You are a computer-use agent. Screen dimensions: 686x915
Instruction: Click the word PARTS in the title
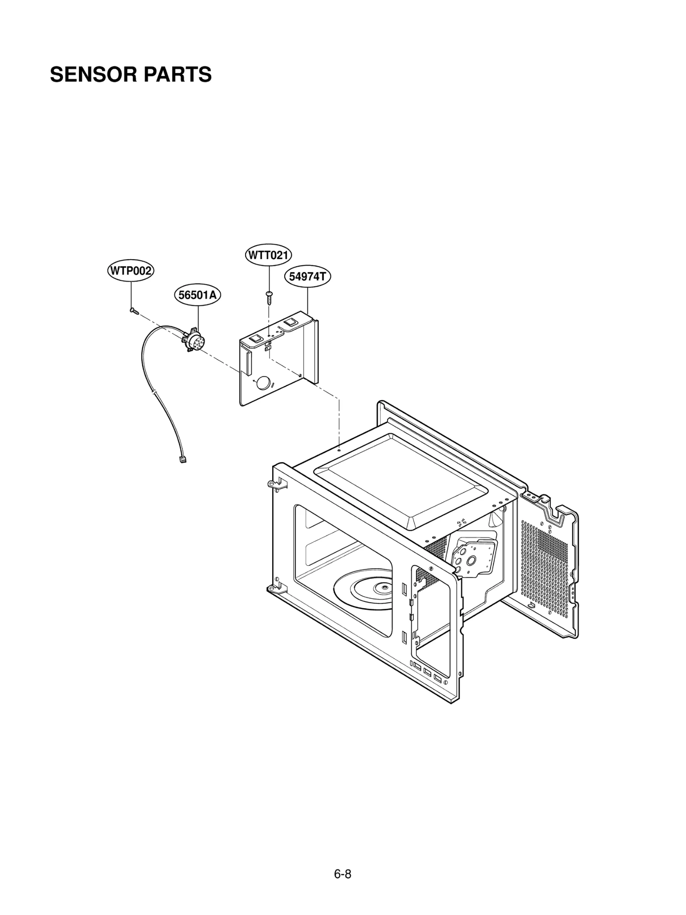click(177, 75)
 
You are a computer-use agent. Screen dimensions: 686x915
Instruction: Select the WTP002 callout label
click(130, 271)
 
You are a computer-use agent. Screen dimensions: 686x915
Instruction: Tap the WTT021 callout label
click(268, 255)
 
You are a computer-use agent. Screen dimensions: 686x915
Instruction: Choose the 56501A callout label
click(197, 295)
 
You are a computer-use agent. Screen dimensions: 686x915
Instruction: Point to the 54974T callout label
click(307, 277)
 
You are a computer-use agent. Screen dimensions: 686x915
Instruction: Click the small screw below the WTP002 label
click(133, 310)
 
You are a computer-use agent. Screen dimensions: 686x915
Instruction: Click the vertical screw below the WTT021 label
click(268, 297)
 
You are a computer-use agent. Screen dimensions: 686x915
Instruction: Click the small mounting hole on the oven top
click(339, 450)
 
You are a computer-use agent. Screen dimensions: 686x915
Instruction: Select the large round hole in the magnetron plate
click(471, 560)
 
